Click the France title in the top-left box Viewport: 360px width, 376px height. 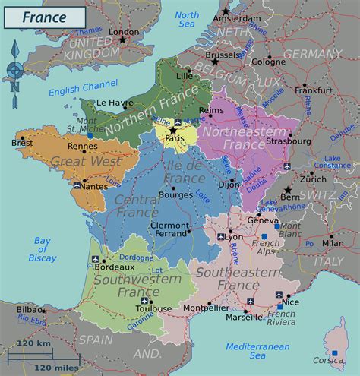coord(43,17)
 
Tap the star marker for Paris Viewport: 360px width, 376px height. coord(173,131)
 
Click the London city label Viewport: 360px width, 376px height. coord(125,32)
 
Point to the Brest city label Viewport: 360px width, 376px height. coord(23,142)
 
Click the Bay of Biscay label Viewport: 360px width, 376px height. coord(42,249)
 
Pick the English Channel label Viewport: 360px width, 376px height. coord(79,91)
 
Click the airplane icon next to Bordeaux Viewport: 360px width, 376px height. coord(95,260)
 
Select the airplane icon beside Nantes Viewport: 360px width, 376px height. coord(77,185)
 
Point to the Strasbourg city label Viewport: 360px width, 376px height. coord(289,141)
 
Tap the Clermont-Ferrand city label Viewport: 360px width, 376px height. coord(169,230)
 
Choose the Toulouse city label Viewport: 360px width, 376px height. coord(134,309)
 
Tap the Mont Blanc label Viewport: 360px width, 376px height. coord(288,231)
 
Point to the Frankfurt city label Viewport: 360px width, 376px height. coord(314,90)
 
